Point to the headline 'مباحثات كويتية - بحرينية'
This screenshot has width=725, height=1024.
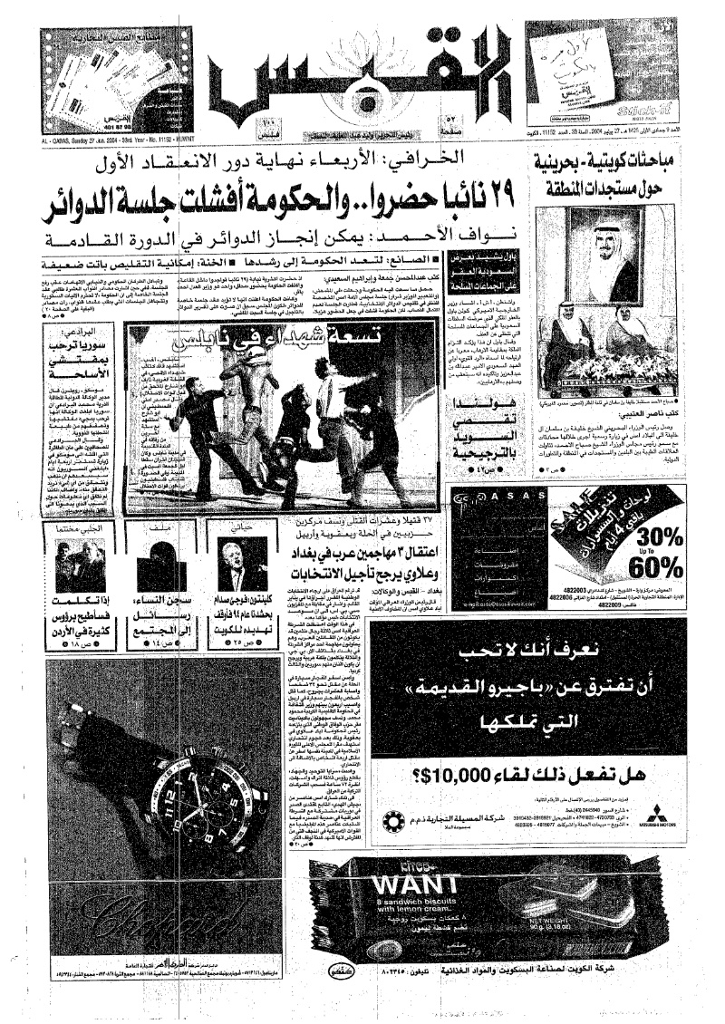(619, 169)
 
